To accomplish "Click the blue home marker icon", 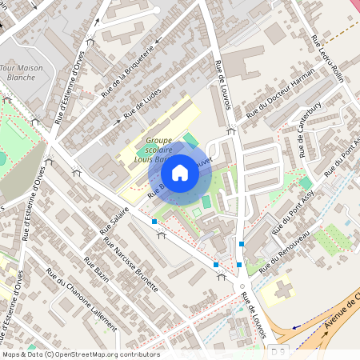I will click(x=180, y=172).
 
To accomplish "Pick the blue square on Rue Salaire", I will click(x=154, y=220).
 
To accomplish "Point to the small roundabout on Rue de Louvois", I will click(x=241, y=284).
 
